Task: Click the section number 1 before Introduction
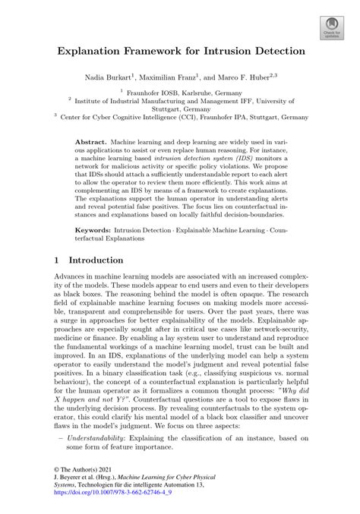[x=58, y=259]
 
